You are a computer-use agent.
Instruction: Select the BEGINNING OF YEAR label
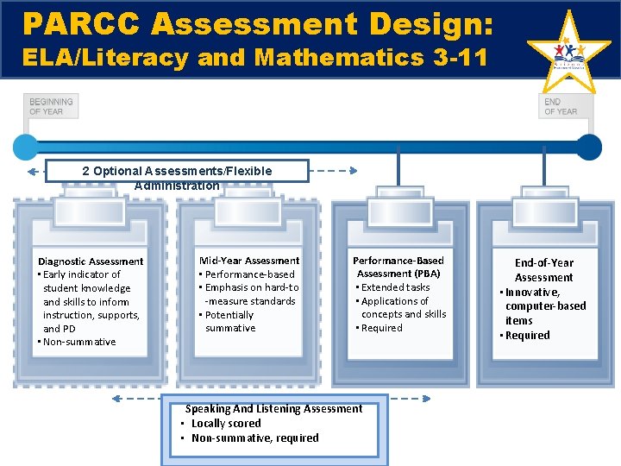51,105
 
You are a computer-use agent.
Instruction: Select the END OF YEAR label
561,106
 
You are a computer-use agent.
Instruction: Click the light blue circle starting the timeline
26,147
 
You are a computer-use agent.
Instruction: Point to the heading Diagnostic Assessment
91,261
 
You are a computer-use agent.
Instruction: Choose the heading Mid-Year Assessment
249,260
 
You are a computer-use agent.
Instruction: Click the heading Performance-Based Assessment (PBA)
398,267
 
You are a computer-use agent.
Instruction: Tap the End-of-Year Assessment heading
543,269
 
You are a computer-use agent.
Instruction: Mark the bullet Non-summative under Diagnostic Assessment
78,342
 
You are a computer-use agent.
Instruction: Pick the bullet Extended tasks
394,287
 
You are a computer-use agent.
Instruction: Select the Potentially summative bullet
229,321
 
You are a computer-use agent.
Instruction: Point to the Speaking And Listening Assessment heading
273,408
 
